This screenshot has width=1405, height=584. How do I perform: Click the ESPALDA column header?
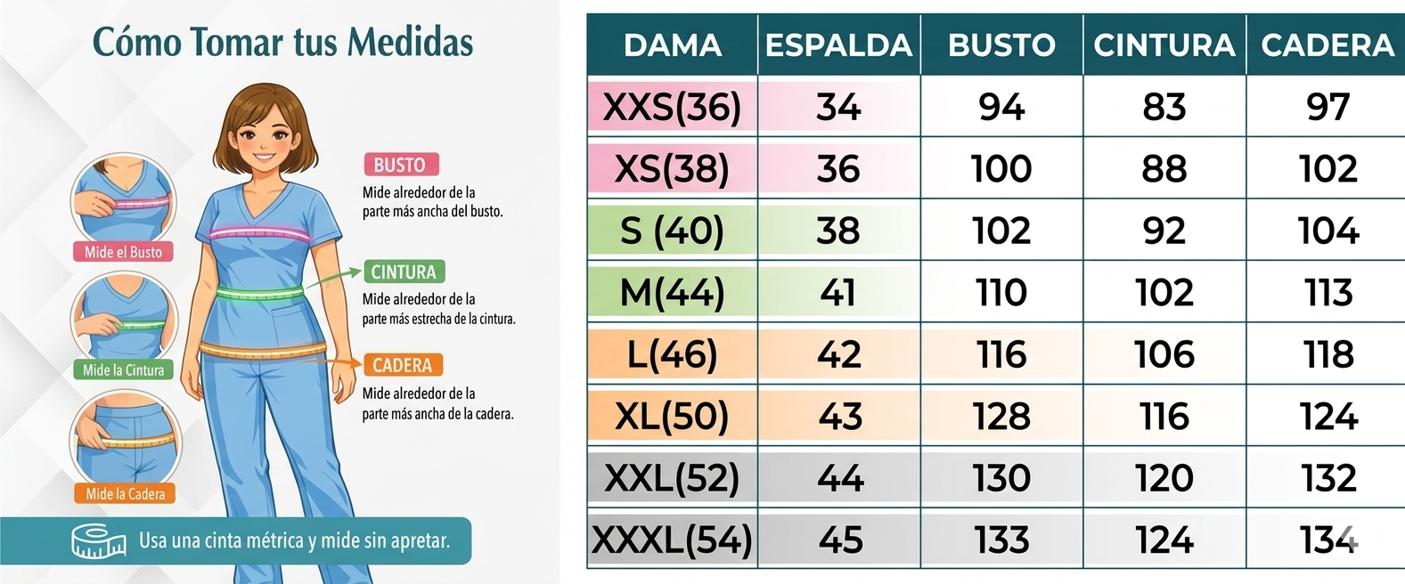click(838, 45)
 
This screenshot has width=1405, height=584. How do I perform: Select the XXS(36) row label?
click(672, 107)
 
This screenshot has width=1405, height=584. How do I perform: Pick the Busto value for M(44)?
click(1001, 293)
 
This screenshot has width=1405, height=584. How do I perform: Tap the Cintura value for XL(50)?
click(1164, 417)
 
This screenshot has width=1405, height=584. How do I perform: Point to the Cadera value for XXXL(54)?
click(1327, 540)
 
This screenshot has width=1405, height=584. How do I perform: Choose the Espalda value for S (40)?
click(838, 231)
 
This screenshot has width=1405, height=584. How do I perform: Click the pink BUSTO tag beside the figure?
click(400, 165)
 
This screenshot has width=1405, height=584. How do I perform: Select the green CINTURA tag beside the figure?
click(404, 272)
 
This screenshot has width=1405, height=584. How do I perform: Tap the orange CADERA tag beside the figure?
click(402, 365)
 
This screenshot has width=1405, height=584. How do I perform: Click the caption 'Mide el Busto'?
click(123, 252)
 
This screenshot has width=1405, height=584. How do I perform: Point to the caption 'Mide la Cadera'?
click(125, 493)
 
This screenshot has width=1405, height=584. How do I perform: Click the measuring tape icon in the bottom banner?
click(98, 541)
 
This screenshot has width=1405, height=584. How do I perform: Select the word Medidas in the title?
click(410, 42)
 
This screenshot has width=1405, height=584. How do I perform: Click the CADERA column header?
click(1327, 45)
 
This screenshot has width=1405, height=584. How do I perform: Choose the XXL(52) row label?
click(672, 479)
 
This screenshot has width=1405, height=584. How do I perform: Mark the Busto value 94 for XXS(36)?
click(1001, 107)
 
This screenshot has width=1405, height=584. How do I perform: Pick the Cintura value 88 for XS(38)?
click(1164, 169)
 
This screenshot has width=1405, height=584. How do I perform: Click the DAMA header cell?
click(672, 45)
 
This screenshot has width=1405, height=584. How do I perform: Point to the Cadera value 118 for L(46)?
click(1327, 355)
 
